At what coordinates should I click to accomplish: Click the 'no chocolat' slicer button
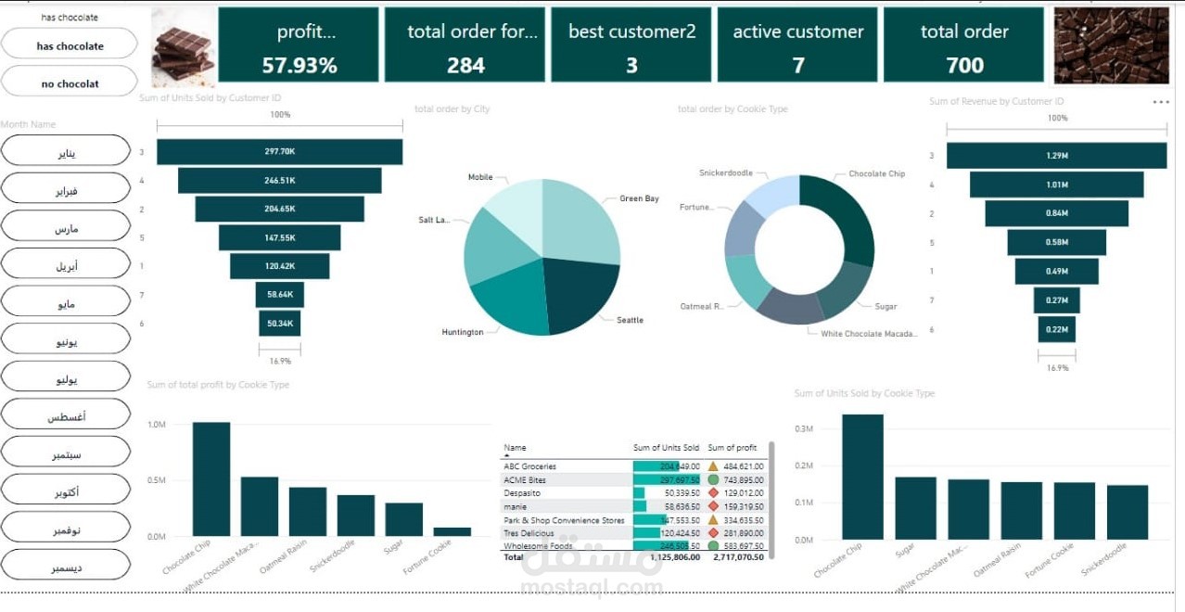(70, 83)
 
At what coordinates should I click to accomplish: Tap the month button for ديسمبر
(66, 566)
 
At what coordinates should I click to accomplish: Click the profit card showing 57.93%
(299, 45)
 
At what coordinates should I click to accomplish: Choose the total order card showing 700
(964, 45)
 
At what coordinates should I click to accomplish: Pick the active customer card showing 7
(797, 45)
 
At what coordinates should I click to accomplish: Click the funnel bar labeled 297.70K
(279, 152)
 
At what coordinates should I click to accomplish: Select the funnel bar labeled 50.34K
(279, 324)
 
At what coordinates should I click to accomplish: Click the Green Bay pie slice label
(639, 198)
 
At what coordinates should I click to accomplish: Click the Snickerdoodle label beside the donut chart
(726, 173)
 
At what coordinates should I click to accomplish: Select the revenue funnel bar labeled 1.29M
(1056, 156)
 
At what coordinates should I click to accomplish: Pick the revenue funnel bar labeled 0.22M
(1056, 329)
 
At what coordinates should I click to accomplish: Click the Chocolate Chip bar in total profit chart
(211, 478)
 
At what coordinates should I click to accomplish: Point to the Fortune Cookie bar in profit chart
(452, 531)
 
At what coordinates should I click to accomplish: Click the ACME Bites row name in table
(525, 480)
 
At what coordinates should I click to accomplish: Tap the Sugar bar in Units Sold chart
(915, 507)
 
